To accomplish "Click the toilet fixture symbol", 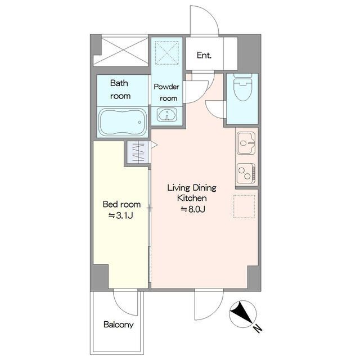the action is click(x=242, y=88).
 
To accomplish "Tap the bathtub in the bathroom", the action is click(x=123, y=122).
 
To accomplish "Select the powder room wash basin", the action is click(x=167, y=115).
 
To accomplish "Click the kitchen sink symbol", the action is click(x=246, y=143).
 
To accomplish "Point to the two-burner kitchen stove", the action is click(x=246, y=173).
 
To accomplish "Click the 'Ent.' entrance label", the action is click(x=204, y=55).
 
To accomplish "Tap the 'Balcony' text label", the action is click(x=119, y=325).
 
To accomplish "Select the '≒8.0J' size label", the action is click(x=193, y=209).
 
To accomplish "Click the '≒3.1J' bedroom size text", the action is click(x=121, y=215).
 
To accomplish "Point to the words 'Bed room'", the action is click(x=121, y=204).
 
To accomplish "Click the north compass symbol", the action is click(x=243, y=314).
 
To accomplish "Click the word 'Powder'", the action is click(x=166, y=87).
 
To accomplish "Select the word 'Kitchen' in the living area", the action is click(x=192, y=198).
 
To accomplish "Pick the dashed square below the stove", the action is click(x=244, y=206).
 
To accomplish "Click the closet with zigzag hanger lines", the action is click(x=138, y=152).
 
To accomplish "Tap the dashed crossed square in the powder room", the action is click(x=167, y=52).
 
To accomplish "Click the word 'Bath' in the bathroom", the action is click(x=119, y=83).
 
